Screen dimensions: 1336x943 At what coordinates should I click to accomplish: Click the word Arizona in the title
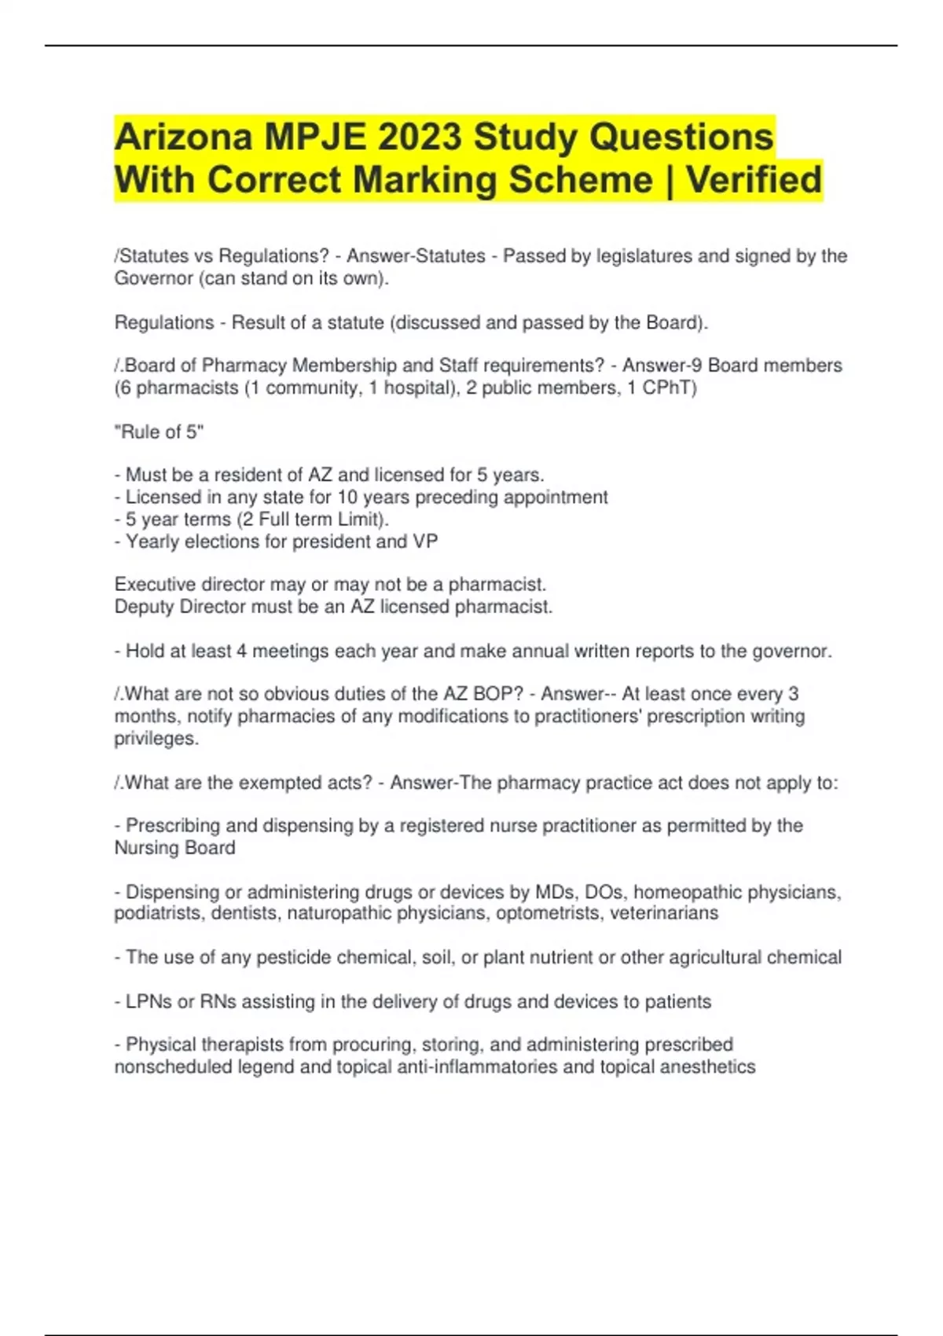pos(184,138)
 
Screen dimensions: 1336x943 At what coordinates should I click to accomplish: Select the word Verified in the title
pos(754,180)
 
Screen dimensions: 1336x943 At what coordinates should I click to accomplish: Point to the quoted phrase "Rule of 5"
pos(159,431)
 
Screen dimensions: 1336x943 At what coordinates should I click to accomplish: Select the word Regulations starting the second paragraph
pos(163,322)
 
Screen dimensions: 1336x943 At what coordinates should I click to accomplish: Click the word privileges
pos(156,739)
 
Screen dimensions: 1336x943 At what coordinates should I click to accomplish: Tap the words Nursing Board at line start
pos(174,848)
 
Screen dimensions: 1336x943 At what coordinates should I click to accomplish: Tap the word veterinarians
pos(664,913)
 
